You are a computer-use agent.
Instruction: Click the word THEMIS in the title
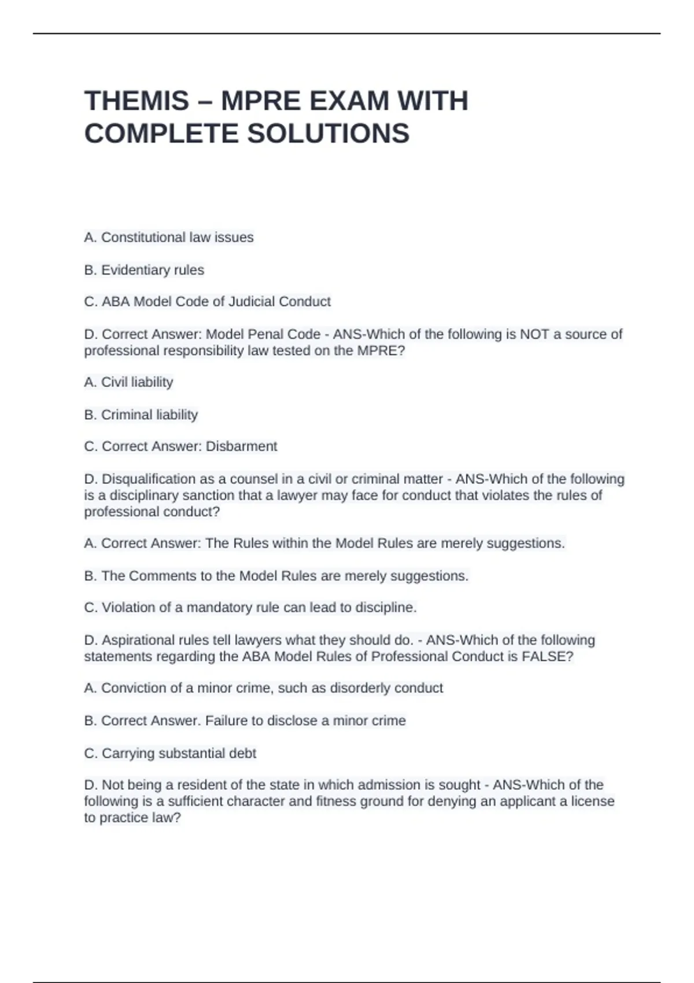coord(136,101)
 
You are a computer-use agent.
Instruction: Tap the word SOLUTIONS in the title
coord(328,134)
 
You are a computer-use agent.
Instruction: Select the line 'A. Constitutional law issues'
coord(169,238)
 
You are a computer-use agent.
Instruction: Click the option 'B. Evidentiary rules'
coord(144,270)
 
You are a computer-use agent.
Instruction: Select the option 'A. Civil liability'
coord(128,382)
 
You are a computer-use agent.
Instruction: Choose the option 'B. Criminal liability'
coord(141,415)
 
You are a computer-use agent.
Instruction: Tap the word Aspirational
coord(138,640)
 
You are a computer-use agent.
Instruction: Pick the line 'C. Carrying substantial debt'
coord(170,753)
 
